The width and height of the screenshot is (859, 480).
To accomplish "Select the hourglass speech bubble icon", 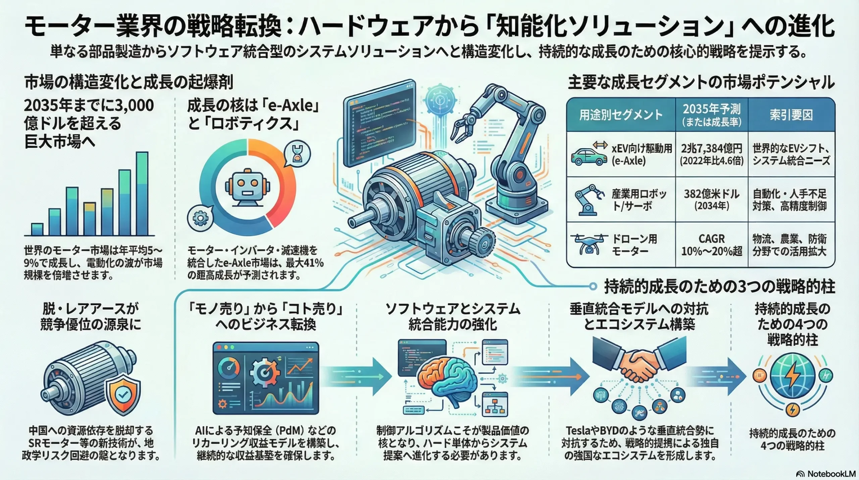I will click(297, 154).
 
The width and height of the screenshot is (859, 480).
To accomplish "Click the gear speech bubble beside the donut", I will click(200, 218).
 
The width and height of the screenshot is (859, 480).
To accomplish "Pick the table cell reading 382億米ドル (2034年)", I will click(712, 200).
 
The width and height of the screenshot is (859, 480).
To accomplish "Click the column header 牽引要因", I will click(791, 115).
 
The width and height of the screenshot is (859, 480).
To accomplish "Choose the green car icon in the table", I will click(589, 157).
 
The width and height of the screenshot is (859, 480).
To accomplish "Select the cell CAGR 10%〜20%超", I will click(712, 245).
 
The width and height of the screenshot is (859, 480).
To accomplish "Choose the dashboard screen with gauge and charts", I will click(266, 378).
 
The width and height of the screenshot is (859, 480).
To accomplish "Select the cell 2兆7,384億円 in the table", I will click(712, 154).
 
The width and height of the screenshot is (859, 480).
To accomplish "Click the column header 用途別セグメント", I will click(621, 115).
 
